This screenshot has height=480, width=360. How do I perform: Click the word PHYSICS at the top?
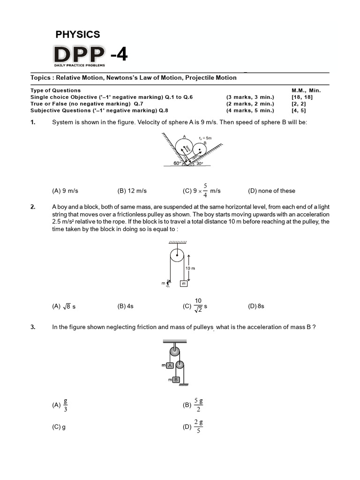(78, 34)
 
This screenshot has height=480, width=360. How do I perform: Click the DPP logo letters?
(79, 55)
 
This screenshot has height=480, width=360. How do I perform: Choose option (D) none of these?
(271, 191)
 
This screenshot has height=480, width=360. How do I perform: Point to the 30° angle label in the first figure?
(199, 164)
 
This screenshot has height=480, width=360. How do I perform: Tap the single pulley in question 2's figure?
(177, 255)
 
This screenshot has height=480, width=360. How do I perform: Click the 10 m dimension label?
(190, 269)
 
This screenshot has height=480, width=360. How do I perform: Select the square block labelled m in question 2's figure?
(184, 284)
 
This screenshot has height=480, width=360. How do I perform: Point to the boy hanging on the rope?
(168, 284)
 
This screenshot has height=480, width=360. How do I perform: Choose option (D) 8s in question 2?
(256, 306)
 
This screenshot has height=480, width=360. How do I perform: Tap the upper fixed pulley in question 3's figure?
(175, 351)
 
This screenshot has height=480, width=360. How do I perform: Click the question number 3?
(33, 328)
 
